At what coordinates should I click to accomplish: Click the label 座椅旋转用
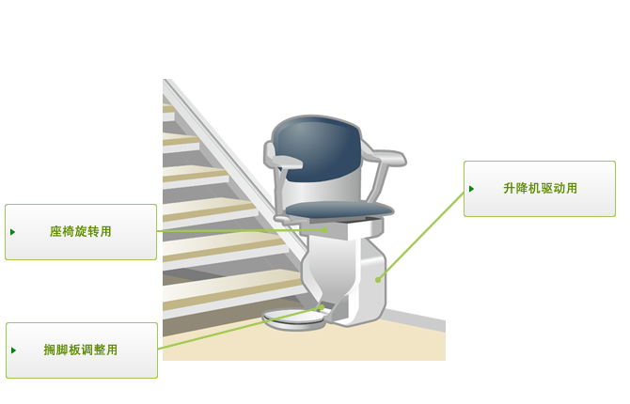click(80, 232)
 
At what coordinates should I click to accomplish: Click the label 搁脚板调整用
click(80, 350)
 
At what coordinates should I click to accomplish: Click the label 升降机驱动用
click(540, 188)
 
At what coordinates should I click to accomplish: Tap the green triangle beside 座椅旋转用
click(13, 232)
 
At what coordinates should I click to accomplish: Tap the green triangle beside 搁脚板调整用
click(14, 350)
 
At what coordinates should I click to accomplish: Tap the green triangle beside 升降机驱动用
click(472, 189)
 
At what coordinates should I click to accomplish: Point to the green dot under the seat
click(324, 230)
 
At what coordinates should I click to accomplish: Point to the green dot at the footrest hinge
click(322, 307)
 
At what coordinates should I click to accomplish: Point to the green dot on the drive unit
click(378, 280)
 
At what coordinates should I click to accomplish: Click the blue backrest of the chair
click(318, 149)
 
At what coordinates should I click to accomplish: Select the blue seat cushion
click(339, 210)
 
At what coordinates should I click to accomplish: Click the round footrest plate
click(294, 319)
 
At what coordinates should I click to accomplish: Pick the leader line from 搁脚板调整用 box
click(240, 328)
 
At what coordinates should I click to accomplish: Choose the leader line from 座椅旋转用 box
click(241, 230)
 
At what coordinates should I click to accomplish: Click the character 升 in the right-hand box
click(509, 188)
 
